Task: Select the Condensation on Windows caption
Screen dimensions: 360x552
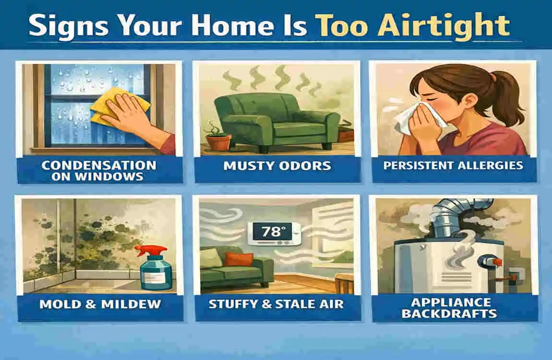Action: [99, 170]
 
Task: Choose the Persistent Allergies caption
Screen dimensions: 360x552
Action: [454, 166]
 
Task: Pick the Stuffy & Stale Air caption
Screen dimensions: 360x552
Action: [277, 303]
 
